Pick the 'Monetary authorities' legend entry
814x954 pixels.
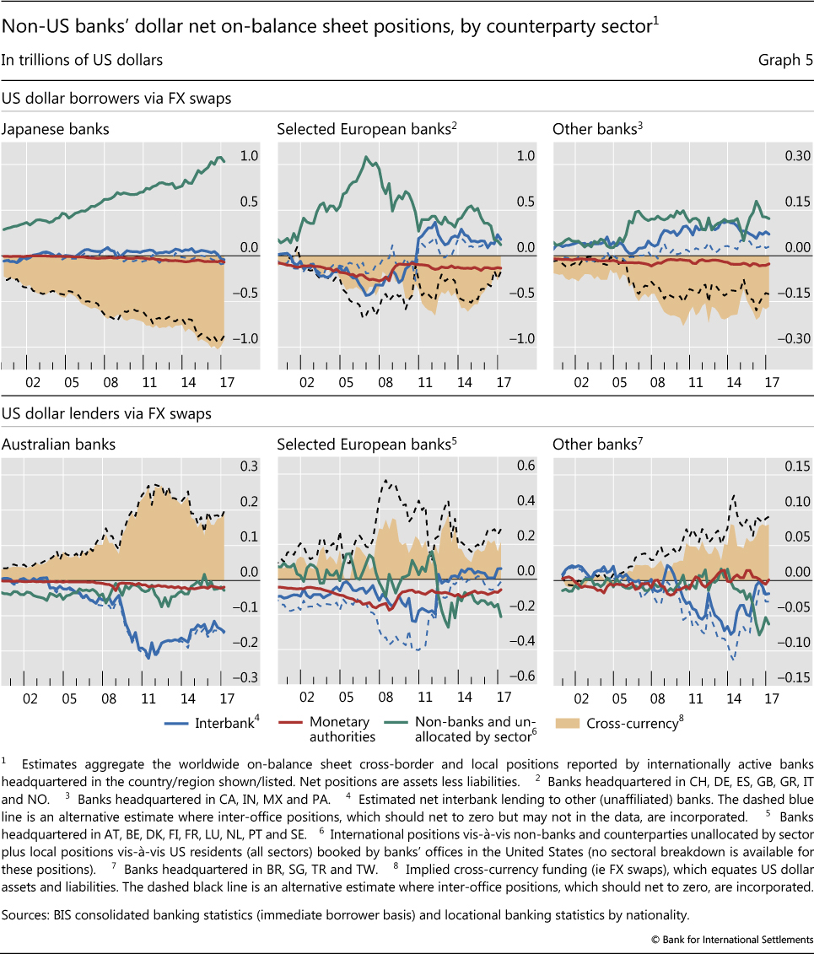(340, 729)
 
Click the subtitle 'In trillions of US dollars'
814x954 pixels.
(82, 60)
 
